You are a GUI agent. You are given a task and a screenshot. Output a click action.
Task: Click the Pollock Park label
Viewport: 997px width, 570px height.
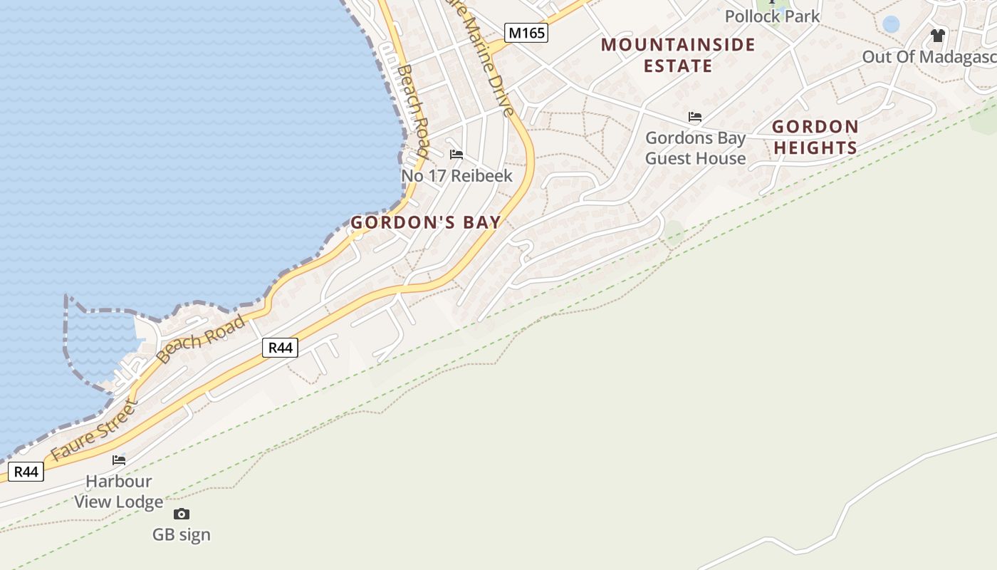[x=772, y=16]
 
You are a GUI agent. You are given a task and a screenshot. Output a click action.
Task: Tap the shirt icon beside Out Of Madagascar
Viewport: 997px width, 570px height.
[x=937, y=35]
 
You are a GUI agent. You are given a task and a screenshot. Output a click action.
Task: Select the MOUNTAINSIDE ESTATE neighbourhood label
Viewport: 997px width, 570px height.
[x=678, y=55]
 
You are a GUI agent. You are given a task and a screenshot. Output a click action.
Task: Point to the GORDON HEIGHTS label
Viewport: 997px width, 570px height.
[x=815, y=137]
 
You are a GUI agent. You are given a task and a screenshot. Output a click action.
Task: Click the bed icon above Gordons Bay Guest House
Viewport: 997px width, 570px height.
[x=695, y=117]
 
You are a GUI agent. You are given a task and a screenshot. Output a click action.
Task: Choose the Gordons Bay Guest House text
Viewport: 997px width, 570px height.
[x=695, y=148]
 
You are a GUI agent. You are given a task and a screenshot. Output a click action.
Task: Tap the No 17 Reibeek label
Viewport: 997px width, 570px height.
[x=456, y=175]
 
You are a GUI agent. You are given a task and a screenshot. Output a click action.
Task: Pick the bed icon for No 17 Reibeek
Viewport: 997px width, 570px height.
[x=456, y=154]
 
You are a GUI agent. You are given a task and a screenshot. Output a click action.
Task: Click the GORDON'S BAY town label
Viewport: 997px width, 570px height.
[x=426, y=222]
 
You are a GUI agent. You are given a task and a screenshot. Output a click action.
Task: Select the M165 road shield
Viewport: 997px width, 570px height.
[x=526, y=32]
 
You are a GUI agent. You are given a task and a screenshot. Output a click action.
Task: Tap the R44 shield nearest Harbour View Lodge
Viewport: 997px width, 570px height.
[x=26, y=471]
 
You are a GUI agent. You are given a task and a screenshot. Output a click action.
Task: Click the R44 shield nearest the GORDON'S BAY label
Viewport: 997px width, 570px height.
[x=280, y=348]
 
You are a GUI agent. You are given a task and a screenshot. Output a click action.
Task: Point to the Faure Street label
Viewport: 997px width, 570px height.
[x=93, y=430]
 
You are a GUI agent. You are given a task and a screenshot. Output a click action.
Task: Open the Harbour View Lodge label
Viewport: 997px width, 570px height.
[x=119, y=491]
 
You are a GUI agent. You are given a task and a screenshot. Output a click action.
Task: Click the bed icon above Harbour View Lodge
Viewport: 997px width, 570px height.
[x=119, y=460]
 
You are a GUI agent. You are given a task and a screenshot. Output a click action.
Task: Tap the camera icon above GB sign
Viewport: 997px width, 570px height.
[x=182, y=514]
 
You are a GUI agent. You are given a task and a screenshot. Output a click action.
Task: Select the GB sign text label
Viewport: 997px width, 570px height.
[x=182, y=534]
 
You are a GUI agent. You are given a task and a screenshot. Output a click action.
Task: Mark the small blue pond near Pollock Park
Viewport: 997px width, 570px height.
[x=890, y=24]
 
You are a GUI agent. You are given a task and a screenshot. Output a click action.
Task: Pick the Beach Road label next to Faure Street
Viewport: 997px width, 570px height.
[x=202, y=339]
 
